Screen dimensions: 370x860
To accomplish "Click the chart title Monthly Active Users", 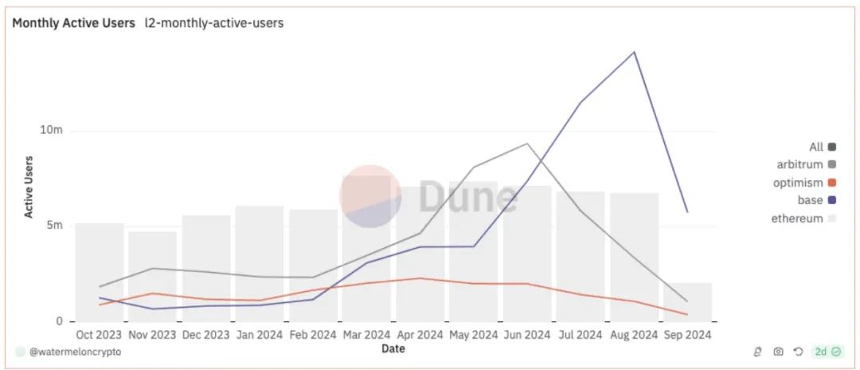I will pos(73,23).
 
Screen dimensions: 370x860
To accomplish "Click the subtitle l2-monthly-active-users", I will pos(213,23).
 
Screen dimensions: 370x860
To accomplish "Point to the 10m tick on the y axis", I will pos(52,130).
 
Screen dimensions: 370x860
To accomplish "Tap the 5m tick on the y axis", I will pos(54,226).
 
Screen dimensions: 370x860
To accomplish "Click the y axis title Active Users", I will pos(29,186).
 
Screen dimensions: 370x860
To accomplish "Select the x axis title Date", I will pos(392,348).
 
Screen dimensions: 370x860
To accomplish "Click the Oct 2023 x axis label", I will pos(99,335).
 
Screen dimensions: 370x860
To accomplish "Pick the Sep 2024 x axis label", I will pos(686,335).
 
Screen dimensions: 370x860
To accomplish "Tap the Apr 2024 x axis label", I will pos(419,335).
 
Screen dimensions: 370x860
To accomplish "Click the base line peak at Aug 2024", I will pos(634,53).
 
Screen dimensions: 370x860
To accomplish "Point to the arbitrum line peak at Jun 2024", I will pos(526,144).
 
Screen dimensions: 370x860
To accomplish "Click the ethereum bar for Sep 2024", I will pos(687,302).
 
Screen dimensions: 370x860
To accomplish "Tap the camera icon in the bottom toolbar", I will pos(778,352).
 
